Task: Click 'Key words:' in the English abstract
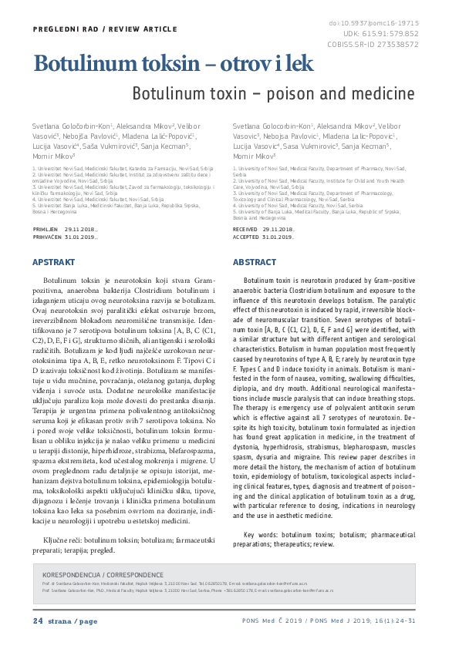click(261, 535)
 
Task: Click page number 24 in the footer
click(38, 621)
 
